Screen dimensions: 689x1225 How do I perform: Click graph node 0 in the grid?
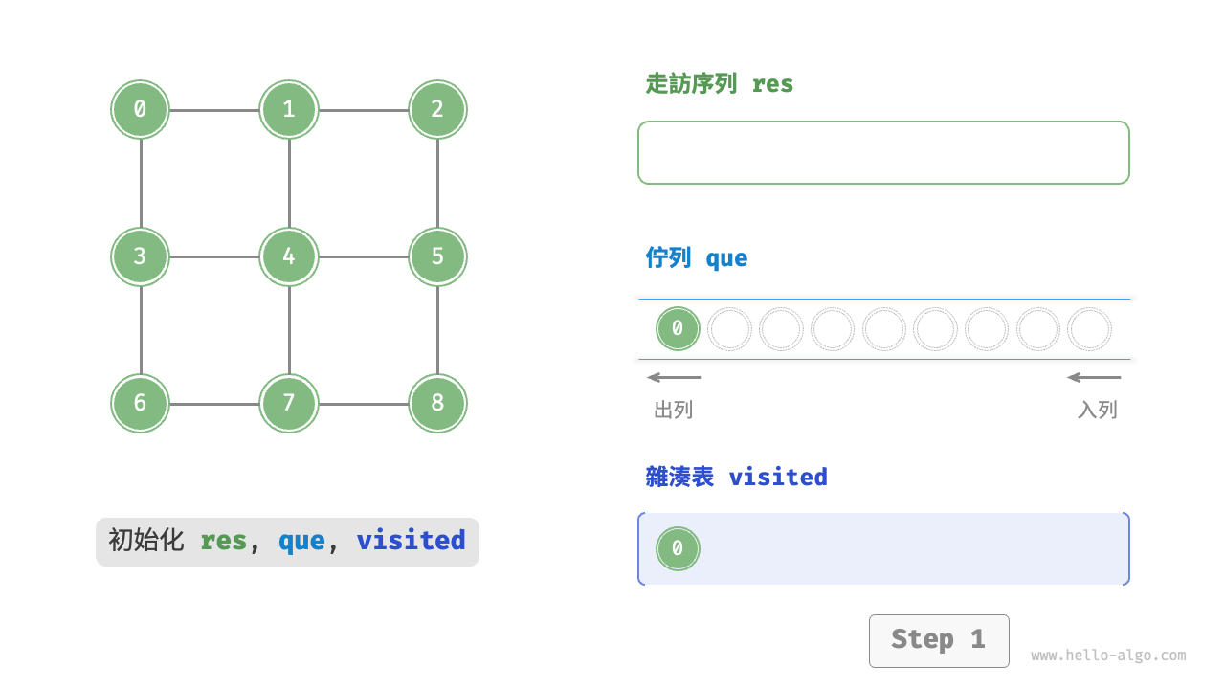click(x=140, y=109)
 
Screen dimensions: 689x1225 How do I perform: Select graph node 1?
click(x=289, y=109)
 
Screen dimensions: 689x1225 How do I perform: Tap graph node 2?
click(x=437, y=109)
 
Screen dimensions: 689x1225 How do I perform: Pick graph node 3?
click(x=140, y=256)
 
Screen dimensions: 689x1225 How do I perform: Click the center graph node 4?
click(x=289, y=256)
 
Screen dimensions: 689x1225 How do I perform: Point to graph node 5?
click(x=437, y=256)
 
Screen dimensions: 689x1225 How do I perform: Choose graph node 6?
click(x=140, y=403)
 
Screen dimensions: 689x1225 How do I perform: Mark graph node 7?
click(x=289, y=403)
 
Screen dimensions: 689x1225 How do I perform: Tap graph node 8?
click(x=437, y=403)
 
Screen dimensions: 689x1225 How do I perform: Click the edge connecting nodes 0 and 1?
click(x=214, y=110)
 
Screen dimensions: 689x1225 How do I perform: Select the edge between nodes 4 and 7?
click(x=289, y=330)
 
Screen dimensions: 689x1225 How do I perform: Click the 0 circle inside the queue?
click(x=678, y=329)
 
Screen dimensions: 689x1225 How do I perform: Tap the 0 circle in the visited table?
click(x=678, y=548)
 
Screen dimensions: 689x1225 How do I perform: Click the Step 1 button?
click(x=938, y=640)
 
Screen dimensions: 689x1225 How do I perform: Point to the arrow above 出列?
click(x=674, y=377)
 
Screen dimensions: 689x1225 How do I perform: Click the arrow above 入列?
click(x=1094, y=377)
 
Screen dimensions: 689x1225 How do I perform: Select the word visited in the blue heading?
click(x=777, y=477)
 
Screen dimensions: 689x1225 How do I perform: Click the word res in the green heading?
click(x=772, y=84)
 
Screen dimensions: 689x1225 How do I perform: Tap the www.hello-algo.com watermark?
click(x=1108, y=656)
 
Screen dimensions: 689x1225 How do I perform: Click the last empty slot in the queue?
click(x=1089, y=329)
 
